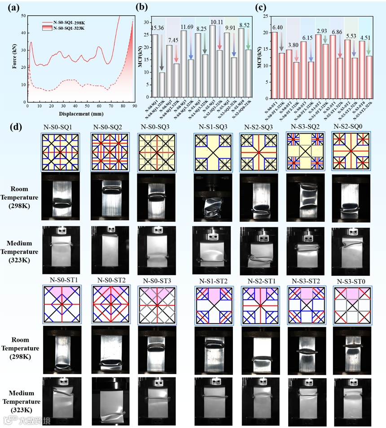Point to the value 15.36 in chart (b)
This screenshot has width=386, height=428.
158,28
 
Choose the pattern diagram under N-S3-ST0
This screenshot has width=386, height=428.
352,304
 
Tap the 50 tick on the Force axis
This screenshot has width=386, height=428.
23,16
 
